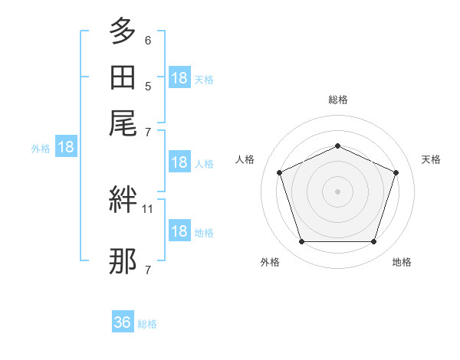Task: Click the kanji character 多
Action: [123, 31]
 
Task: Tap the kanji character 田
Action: [123, 77]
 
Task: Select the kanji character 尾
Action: [123, 123]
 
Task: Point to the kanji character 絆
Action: [123, 199]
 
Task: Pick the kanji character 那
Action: [123, 261]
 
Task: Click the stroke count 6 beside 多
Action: [148, 41]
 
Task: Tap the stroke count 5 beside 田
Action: [148, 87]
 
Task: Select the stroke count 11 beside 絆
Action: [147, 209]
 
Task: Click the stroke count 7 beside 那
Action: [148, 270]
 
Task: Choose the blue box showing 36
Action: [123, 321]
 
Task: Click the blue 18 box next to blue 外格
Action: [66, 146]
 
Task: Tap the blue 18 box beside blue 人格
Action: [180, 162]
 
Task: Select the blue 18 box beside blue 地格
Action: [180, 230]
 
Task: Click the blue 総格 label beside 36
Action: [147, 324]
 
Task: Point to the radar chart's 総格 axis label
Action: [338, 100]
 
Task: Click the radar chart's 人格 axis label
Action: [245, 159]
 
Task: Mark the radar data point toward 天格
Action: [396, 172]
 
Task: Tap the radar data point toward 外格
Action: [302, 241]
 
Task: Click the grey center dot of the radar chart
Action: [337, 191]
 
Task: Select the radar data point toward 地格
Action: [373, 241]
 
